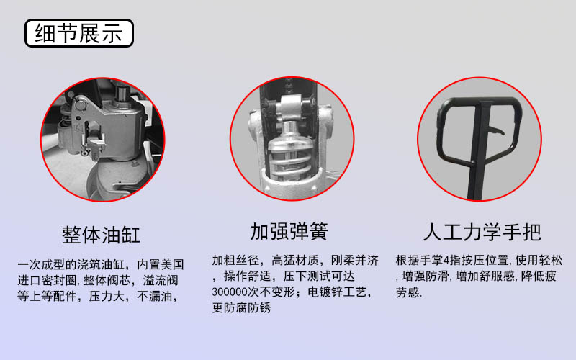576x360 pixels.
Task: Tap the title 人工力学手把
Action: pyautogui.click(x=482, y=232)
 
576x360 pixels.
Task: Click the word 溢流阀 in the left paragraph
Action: pyautogui.click(x=164, y=279)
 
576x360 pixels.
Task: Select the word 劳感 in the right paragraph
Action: pyautogui.click(x=408, y=293)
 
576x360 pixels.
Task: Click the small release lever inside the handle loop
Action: pyautogui.click(x=496, y=130)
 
